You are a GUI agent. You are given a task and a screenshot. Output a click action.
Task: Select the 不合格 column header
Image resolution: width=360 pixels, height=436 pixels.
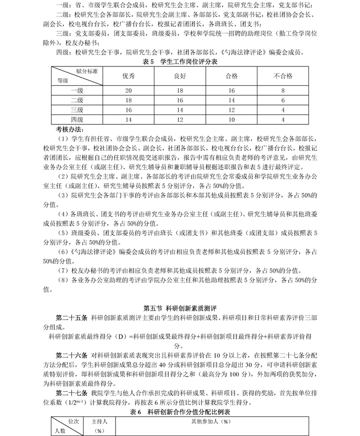282,76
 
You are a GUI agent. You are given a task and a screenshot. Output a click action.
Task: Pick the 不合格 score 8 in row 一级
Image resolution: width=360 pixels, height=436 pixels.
282,90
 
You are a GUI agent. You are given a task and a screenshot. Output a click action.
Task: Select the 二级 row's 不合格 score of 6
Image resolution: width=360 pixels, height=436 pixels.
282,100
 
